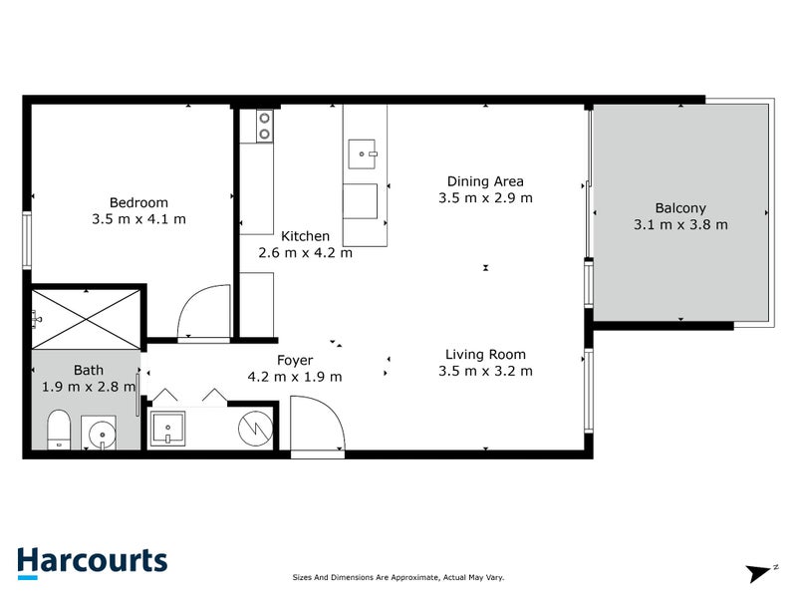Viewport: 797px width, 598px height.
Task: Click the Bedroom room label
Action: [x=137, y=202]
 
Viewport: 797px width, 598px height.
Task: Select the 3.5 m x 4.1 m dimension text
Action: [x=137, y=218]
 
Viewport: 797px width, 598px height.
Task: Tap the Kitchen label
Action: [x=305, y=236]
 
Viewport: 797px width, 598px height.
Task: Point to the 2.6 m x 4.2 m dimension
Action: [x=305, y=252]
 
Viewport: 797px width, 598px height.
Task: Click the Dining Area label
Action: [x=485, y=181]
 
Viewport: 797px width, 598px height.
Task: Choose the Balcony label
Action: [x=680, y=208]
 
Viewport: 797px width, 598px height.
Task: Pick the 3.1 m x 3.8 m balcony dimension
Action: [x=680, y=224]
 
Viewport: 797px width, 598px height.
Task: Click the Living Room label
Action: [x=485, y=354]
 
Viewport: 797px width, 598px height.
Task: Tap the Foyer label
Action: [x=295, y=360]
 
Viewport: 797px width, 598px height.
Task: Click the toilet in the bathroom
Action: [x=59, y=429]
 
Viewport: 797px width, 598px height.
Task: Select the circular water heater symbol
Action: [x=255, y=428]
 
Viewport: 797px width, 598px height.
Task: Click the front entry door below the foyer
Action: [x=318, y=427]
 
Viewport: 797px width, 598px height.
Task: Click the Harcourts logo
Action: [x=92, y=560]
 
